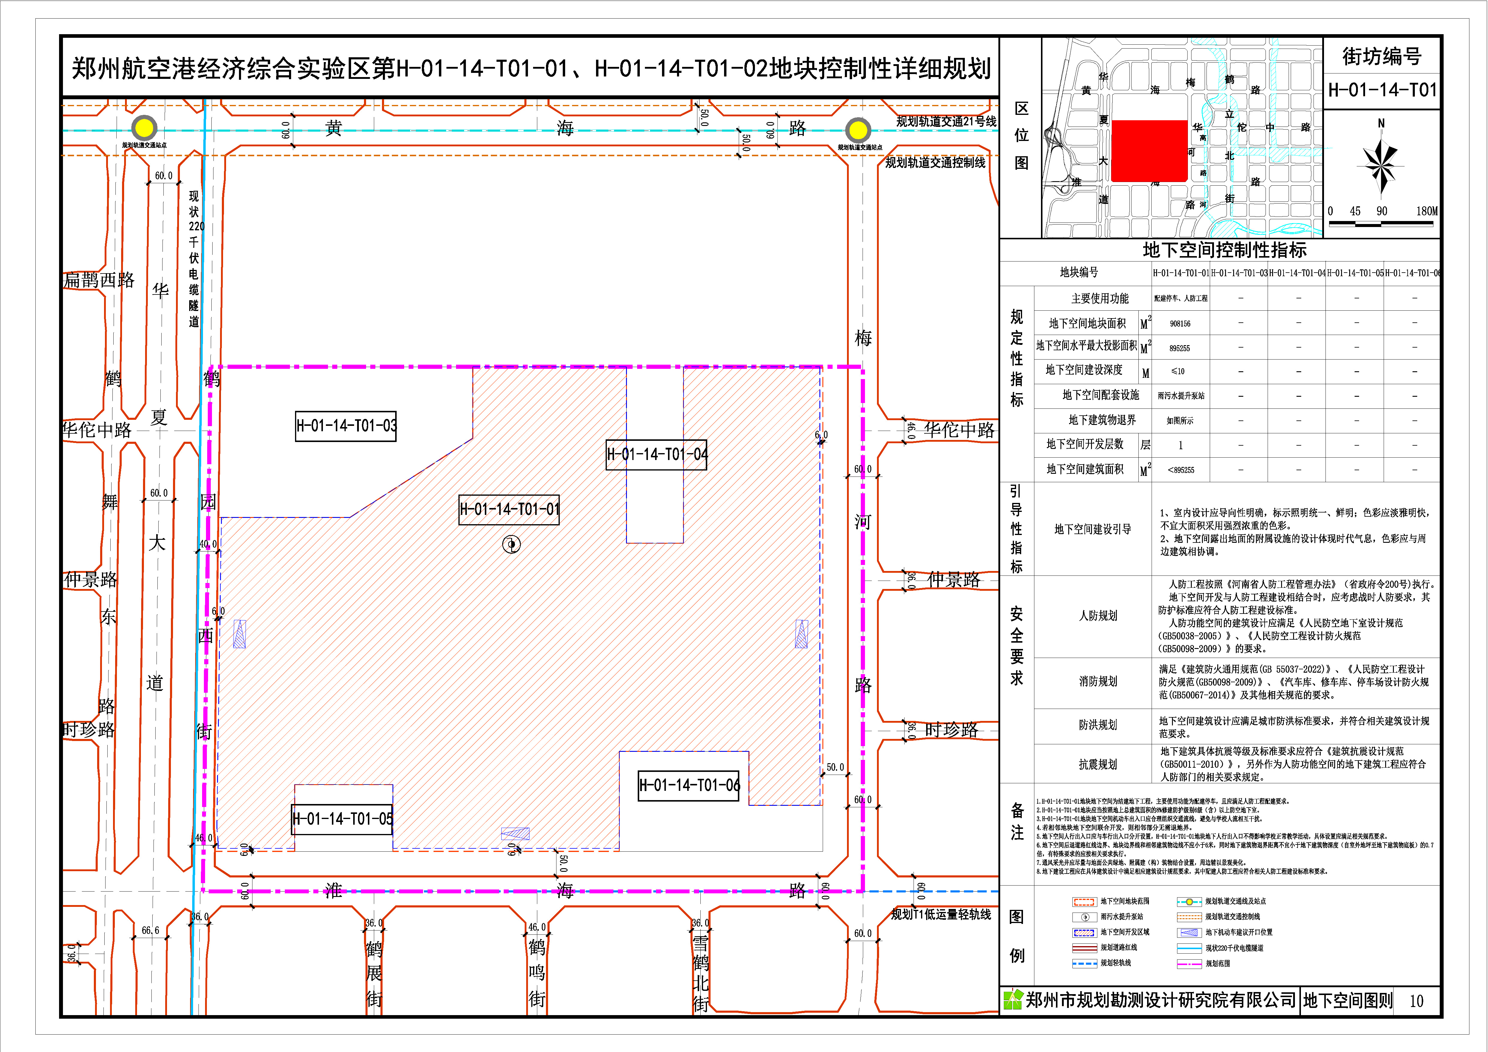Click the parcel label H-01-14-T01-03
(345, 426)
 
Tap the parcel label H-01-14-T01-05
(342, 819)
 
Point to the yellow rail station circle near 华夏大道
(144, 128)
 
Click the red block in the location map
(1149, 150)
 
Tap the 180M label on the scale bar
(1426, 211)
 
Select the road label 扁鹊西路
(99, 280)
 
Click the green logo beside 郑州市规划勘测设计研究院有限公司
(1012, 1000)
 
